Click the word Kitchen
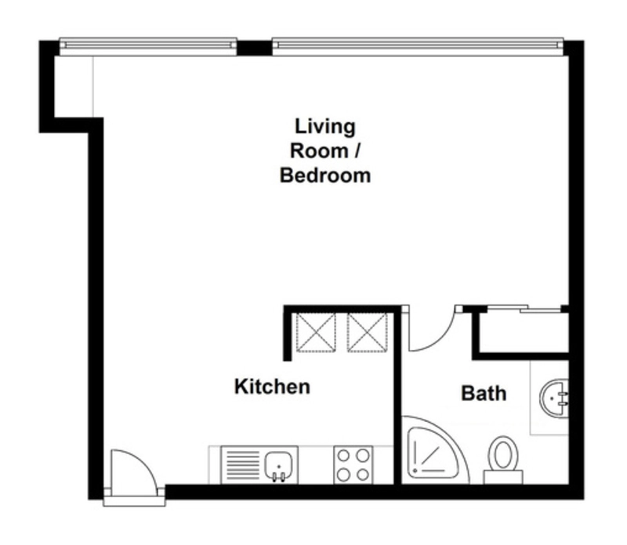pos(272,387)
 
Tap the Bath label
pos(484,394)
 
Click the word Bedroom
pos(325,176)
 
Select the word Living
pos(325,128)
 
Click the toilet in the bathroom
pos(503,458)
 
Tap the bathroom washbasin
pos(554,398)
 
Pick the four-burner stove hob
pos(353,465)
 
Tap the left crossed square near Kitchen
pos(316,333)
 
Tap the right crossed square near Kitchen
pos(367,333)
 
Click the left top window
pos(148,47)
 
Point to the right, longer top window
pos(418,47)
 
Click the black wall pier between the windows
pos(254,49)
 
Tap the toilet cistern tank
pos(503,477)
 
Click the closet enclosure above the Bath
pos(520,333)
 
